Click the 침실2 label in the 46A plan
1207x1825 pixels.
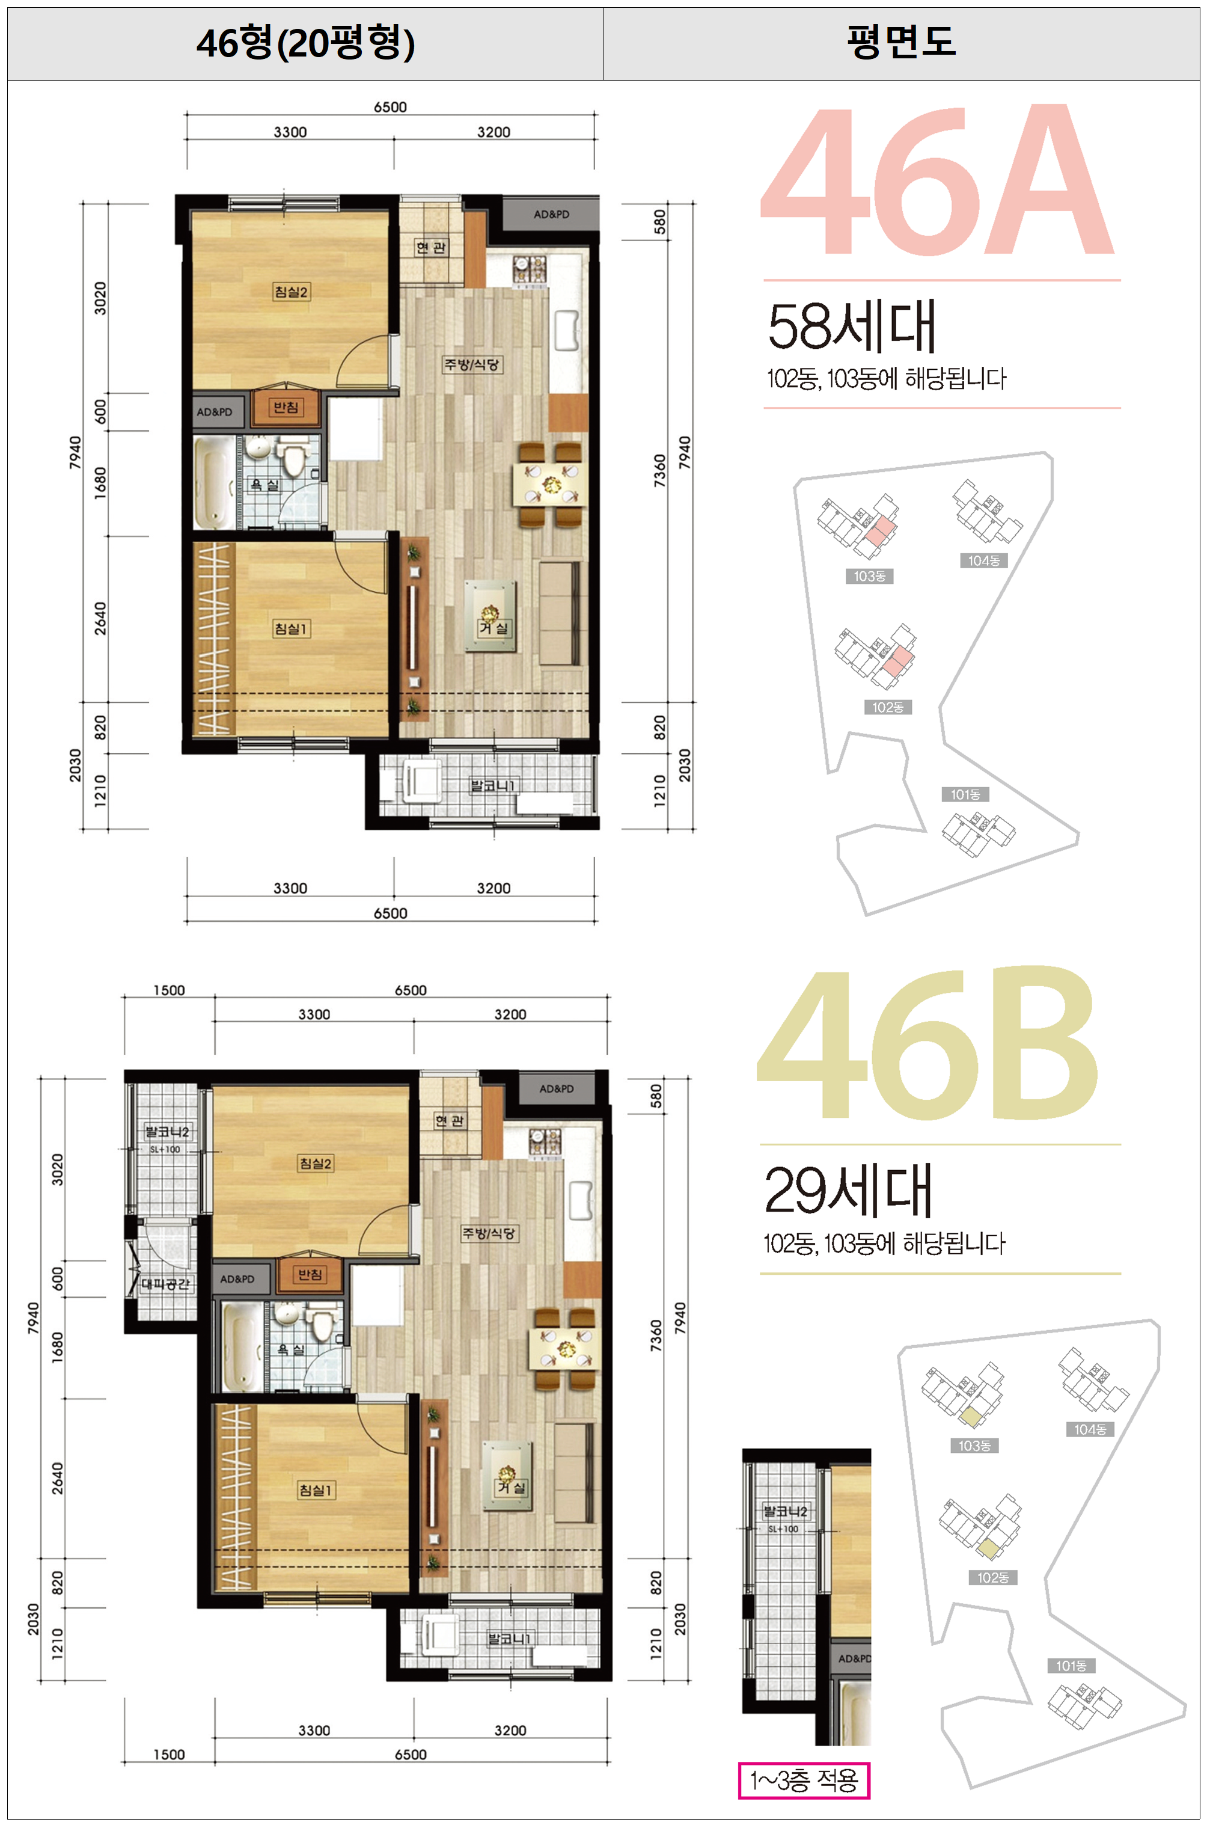[291, 292]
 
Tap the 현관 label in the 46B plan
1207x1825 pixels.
[450, 1120]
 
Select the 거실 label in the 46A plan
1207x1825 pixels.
[493, 628]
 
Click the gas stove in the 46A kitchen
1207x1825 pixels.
[530, 268]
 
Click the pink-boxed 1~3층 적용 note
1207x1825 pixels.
[804, 1779]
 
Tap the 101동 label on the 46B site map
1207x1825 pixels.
[1071, 1666]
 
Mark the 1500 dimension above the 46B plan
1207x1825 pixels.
[168, 990]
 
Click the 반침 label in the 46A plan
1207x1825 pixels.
[286, 407]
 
